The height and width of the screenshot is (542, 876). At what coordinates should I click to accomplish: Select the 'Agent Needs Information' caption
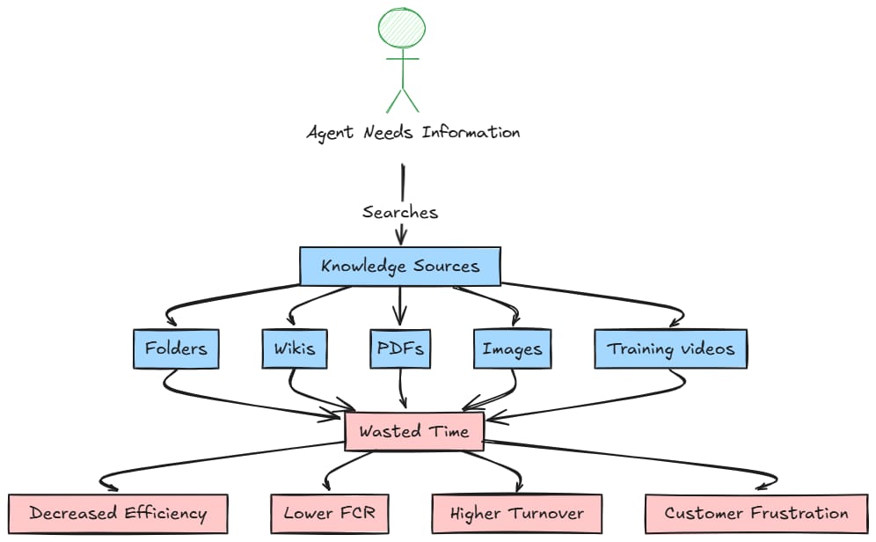pos(412,133)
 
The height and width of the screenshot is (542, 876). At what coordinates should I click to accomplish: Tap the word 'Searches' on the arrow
pos(400,212)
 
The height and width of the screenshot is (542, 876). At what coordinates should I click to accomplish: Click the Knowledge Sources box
pos(400,267)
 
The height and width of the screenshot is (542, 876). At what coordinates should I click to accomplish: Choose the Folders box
pos(176,348)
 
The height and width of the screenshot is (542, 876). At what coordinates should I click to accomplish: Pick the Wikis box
pos(288,348)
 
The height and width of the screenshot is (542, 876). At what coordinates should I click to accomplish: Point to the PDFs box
pos(400,348)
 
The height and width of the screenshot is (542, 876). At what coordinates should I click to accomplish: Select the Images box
pos(512,349)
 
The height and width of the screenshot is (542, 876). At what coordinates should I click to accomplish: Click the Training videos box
pos(670,348)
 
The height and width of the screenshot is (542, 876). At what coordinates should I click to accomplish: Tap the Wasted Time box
pos(413,432)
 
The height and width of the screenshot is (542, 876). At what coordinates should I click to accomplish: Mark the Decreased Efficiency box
pos(118,514)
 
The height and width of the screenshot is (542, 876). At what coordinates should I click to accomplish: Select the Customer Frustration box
pos(756,514)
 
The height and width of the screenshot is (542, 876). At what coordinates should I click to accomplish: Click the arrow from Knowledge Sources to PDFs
pos(400,304)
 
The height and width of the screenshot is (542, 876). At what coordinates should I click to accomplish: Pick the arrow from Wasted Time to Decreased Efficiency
pos(220,459)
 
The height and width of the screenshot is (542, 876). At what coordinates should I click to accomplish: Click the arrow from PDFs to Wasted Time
pos(402,387)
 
